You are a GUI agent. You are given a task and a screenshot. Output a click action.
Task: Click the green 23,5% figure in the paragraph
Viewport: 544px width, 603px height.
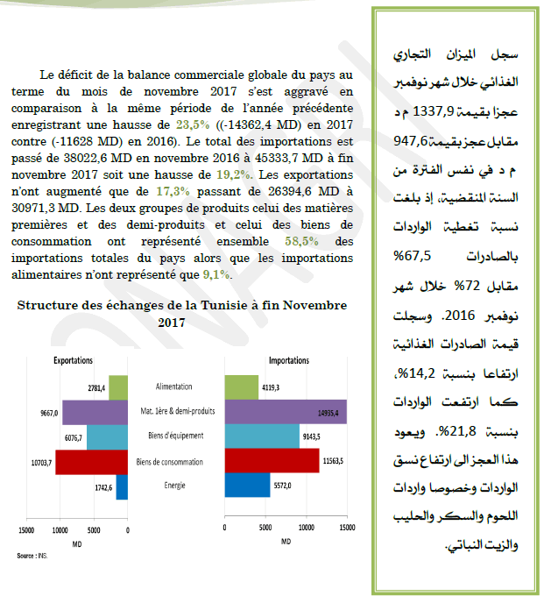(190, 126)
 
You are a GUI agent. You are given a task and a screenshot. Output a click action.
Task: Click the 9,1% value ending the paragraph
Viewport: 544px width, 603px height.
(216, 274)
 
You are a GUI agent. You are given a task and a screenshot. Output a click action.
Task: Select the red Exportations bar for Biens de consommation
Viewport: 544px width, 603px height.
(92, 461)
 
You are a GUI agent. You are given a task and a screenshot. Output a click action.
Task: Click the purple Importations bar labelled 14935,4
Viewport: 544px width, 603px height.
(286, 412)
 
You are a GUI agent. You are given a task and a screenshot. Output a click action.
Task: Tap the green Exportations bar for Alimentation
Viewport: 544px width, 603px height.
(118, 387)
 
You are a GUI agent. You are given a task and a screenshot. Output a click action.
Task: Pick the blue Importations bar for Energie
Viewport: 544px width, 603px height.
(248, 485)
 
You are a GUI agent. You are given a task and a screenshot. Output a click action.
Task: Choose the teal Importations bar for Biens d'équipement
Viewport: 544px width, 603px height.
(262, 436)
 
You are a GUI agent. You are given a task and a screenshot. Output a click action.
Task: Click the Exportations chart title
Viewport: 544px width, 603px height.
(74, 359)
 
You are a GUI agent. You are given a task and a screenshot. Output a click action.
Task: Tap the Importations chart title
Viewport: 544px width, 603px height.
(288, 359)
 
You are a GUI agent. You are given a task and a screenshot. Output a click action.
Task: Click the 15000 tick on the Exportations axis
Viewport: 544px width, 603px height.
(26, 530)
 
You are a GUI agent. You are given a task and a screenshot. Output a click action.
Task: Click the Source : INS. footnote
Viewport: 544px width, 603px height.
(33, 556)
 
